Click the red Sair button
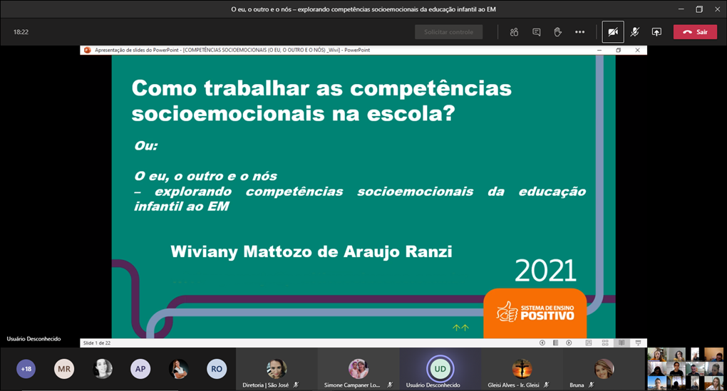click(695, 32)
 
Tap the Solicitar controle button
click(448, 32)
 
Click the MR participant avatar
click(64, 368)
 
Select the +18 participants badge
click(26, 368)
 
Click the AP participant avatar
click(140, 368)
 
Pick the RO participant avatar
click(217, 368)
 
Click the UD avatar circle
click(440, 368)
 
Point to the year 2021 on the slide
click(545, 271)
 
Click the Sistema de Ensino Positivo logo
click(535, 312)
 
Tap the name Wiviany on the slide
click(207, 252)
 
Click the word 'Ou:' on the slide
click(145, 146)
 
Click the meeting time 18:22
click(21, 32)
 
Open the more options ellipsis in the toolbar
click(579, 32)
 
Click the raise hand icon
click(558, 32)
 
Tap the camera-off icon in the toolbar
click(612, 32)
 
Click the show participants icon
click(514, 32)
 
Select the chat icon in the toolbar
click(536, 32)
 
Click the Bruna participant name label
click(577, 385)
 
